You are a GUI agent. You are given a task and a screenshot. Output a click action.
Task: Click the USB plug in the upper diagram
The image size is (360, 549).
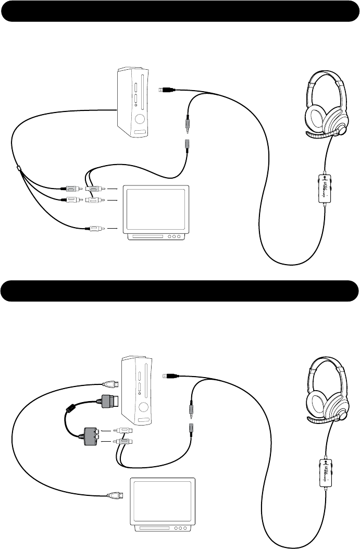click(x=167, y=90)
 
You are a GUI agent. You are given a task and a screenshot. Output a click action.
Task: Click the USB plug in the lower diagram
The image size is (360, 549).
click(x=171, y=375)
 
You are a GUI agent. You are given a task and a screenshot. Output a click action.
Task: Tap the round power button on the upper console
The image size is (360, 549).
click(x=140, y=119)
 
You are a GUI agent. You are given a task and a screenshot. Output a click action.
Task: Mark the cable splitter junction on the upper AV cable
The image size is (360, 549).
click(x=19, y=168)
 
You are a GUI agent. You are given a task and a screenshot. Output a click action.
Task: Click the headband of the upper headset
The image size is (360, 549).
click(x=327, y=78)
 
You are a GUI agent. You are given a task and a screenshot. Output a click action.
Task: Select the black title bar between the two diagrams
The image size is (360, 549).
click(x=180, y=291)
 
